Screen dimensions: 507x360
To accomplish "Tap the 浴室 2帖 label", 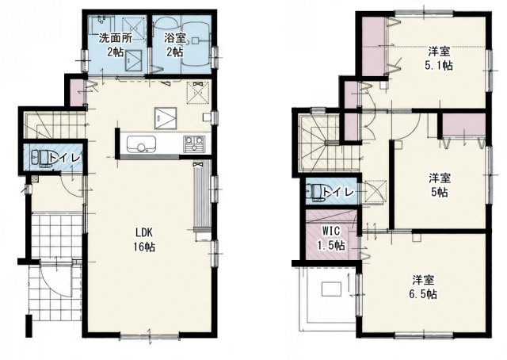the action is point(174,45).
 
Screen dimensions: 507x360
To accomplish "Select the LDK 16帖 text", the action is point(144,239).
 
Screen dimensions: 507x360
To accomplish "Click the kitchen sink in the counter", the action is point(141,144).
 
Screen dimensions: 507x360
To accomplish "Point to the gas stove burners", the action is point(194,144).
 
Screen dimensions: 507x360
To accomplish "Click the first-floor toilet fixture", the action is point(40,159).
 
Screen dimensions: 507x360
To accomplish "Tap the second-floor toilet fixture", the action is point(316,193).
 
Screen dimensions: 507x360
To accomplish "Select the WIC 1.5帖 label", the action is point(331,238).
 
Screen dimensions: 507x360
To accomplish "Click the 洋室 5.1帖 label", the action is point(439,58).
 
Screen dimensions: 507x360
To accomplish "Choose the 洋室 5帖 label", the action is point(439,186).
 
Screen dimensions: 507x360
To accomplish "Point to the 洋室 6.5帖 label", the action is point(423,287).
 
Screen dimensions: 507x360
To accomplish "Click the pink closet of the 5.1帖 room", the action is point(372,46).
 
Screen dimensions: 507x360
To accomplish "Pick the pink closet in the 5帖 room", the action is point(463,125).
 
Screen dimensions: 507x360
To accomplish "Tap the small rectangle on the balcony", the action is point(331,289).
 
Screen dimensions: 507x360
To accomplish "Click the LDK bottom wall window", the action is point(150,337).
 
